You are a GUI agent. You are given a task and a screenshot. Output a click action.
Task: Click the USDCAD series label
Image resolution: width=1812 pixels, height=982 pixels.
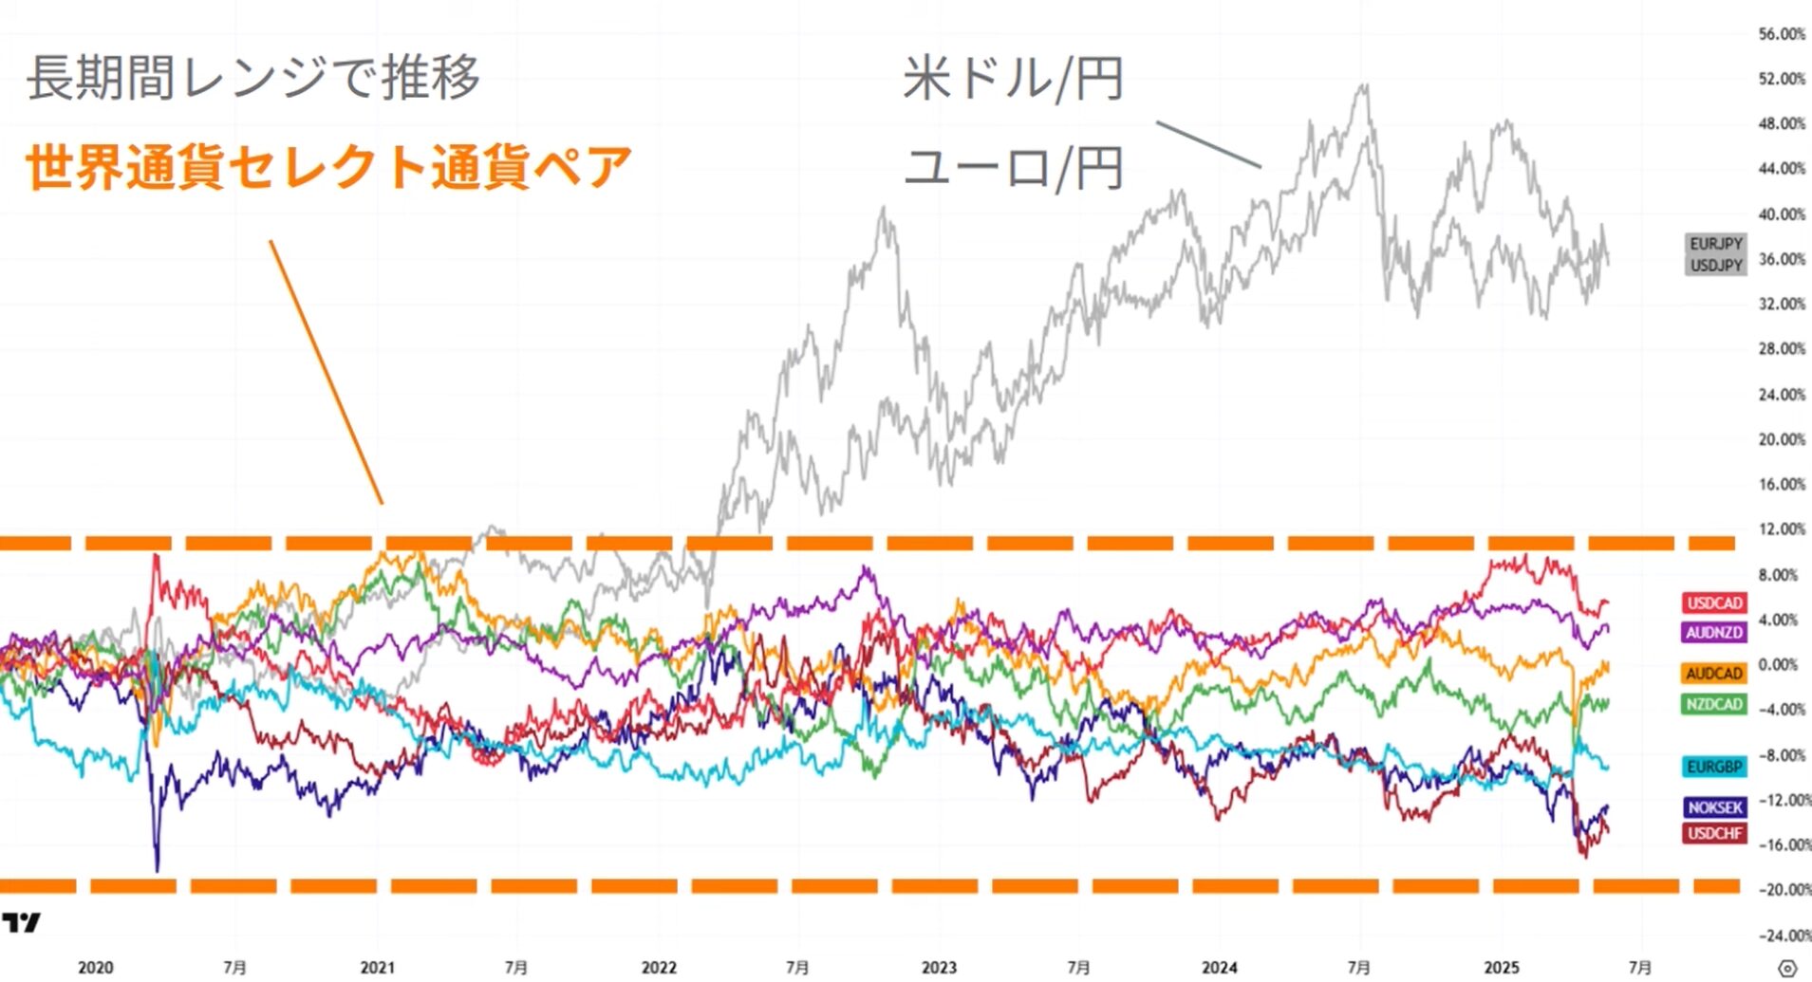1714,602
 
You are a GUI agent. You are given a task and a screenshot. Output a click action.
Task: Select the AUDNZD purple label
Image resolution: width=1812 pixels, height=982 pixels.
1714,632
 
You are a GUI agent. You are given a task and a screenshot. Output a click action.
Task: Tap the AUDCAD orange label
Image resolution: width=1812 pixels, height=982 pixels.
1714,673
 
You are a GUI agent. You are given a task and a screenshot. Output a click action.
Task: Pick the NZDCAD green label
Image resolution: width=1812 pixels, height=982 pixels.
1714,703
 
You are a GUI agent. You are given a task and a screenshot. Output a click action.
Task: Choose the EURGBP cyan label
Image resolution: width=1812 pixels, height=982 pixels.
1714,767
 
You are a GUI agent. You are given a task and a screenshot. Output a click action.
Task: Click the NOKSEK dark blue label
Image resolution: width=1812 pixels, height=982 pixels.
1714,806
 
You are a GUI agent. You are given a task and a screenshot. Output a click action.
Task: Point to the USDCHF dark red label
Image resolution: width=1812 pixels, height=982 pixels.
1714,833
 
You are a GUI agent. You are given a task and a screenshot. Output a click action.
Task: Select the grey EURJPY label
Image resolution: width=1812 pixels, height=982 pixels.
1715,244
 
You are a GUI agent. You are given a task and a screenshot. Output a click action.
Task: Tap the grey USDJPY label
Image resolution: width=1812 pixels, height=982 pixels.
1715,266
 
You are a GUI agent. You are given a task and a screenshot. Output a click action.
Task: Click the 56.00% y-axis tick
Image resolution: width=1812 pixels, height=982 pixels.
1781,34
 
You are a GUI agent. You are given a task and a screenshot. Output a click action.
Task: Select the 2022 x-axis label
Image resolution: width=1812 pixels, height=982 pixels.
659,968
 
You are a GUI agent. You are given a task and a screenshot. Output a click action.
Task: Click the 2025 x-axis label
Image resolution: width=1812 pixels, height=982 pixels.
1501,968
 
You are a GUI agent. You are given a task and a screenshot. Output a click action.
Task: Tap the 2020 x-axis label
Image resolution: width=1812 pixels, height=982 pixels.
95,968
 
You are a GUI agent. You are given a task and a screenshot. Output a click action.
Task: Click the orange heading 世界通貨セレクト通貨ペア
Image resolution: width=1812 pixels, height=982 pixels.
328,167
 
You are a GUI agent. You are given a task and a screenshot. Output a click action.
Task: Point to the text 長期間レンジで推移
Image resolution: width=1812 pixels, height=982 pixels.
253,77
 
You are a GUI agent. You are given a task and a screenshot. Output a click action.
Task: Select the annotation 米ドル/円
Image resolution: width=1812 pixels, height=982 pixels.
1013,78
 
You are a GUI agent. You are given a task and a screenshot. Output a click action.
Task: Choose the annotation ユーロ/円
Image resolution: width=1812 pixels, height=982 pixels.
1013,167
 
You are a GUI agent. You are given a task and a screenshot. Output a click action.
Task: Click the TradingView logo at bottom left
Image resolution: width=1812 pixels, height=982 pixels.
22,922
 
